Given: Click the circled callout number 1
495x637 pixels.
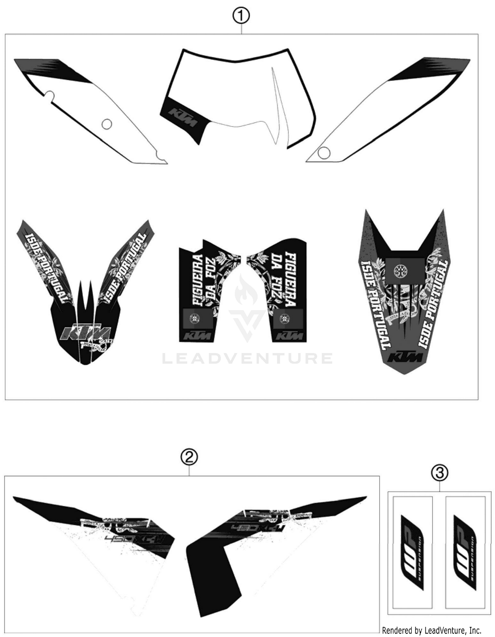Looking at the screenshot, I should pyautogui.click(x=241, y=16).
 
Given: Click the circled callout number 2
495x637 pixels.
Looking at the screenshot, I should pyautogui.click(x=189, y=457).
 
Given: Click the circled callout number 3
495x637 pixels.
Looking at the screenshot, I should pyautogui.click(x=440, y=473).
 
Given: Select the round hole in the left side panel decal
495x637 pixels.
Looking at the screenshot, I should pyautogui.click(x=107, y=124).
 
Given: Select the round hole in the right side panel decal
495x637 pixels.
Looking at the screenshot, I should pyautogui.click(x=324, y=153).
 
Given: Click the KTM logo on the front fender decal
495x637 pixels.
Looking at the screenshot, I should pyautogui.click(x=85, y=333).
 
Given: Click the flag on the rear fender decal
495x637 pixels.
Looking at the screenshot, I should pyautogui.click(x=405, y=271).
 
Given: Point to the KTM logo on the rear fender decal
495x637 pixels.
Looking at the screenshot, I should pyautogui.click(x=405, y=357).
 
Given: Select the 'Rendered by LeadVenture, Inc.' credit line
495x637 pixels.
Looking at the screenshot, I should pyautogui.click(x=431, y=630).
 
